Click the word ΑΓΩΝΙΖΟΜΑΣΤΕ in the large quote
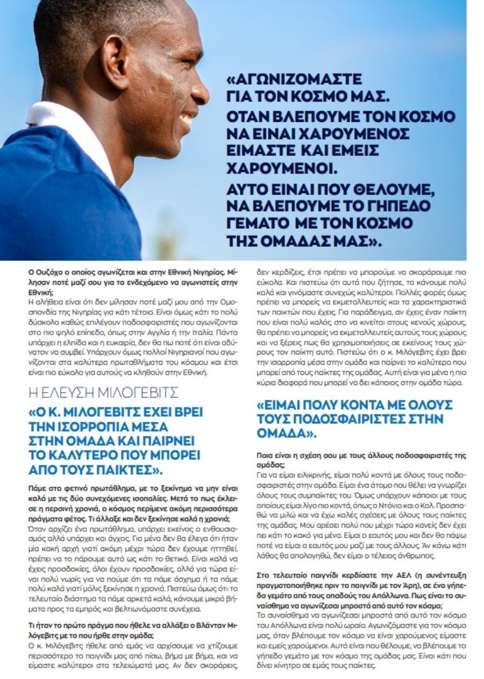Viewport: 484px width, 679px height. [294, 80]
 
